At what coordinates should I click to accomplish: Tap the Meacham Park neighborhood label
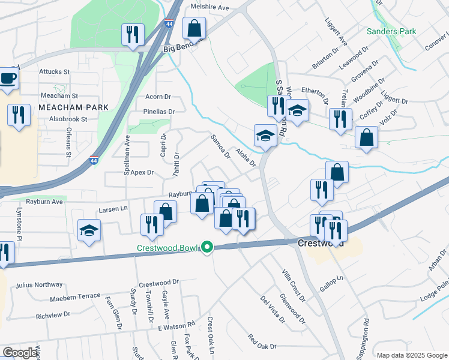73,107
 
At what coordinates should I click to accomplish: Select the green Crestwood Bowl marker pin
207,247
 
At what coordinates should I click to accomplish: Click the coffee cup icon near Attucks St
8,78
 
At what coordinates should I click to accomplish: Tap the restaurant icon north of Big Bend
132,34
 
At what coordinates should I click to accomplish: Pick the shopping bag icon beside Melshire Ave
194,28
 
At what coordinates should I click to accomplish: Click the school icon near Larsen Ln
89,229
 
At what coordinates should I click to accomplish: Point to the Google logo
20,353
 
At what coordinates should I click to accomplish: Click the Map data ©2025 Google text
412,355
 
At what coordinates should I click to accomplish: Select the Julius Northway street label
40,285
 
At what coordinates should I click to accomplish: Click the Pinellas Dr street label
159,112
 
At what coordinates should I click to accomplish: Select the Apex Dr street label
142,172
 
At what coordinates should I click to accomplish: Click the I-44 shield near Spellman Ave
94,161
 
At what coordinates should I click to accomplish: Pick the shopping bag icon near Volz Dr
366,137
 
